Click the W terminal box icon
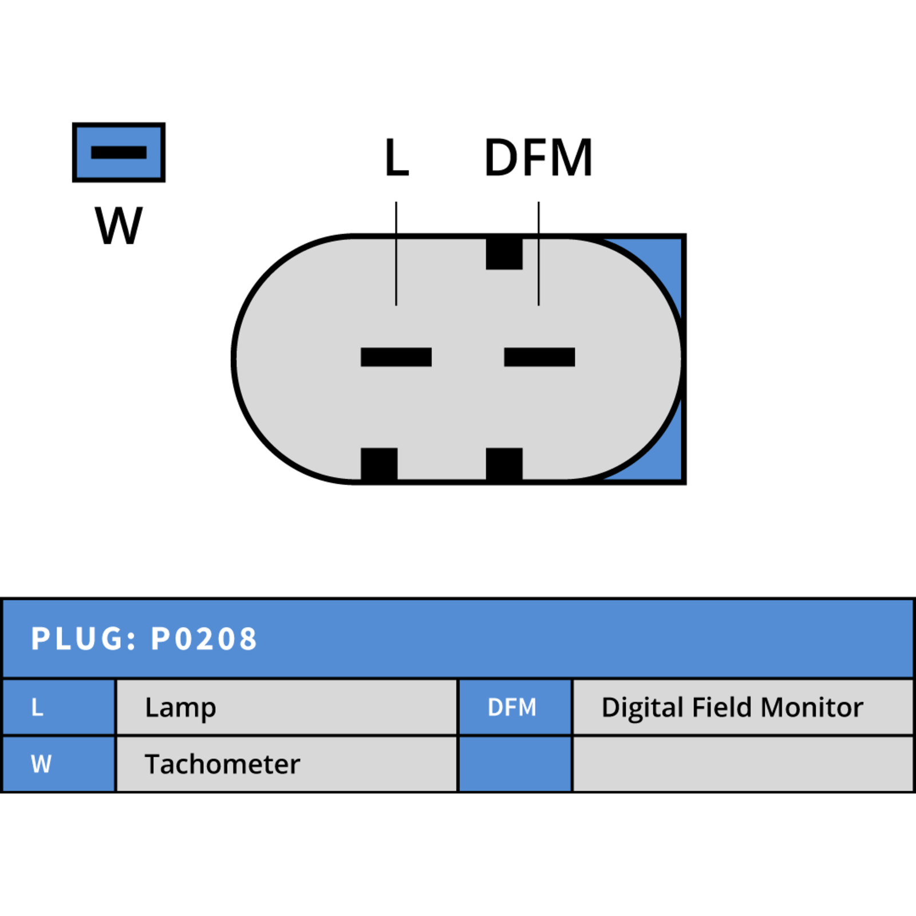coord(119,152)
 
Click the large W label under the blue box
coord(119,226)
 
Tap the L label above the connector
coord(397,157)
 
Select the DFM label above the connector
coord(538,157)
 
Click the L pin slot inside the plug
coord(396,357)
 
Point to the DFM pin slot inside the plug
coord(539,357)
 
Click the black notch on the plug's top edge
coord(504,253)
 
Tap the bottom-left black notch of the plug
coord(379,464)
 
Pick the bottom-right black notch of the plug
coord(504,464)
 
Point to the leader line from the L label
coord(396,253)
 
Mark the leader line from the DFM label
coord(539,253)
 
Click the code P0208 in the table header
coord(204,639)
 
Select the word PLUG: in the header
coord(84,639)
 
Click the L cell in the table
coord(58,707)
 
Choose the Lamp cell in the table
coord(287,707)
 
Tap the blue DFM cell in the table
coord(515,707)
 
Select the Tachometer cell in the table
coord(287,764)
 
